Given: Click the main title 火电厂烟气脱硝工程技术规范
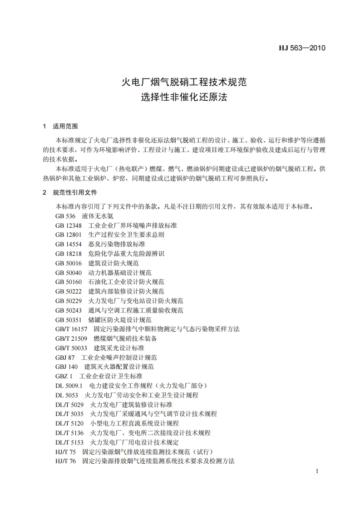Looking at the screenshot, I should point(183,82).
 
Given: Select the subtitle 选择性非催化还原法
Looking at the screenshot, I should point(183,97).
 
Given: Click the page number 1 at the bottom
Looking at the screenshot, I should point(317,471).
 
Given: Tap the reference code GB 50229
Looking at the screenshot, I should point(69,301).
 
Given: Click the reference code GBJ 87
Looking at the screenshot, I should point(65,357).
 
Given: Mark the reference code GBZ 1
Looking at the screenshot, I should point(64,376).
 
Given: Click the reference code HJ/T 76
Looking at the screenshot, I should point(65,461).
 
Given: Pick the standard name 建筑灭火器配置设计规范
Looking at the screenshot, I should point(119,367).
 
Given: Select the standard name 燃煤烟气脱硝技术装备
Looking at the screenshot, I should point(125,338).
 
